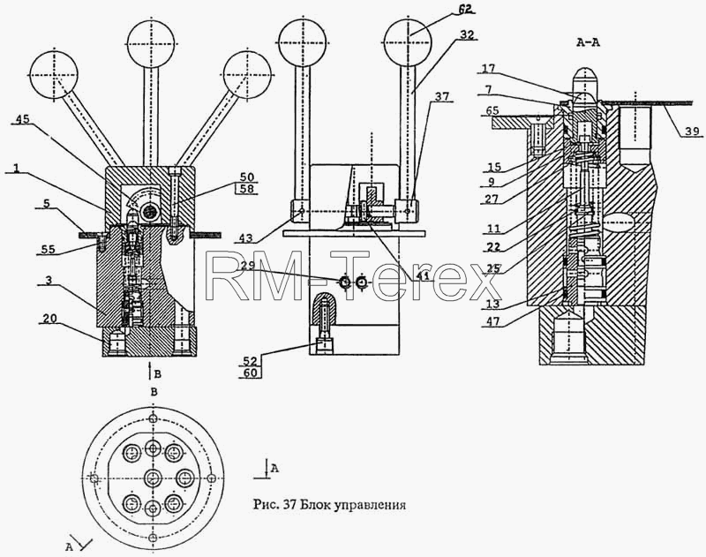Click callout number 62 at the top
pos(467,8)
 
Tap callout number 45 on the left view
pos(23,119)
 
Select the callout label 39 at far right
pos(693,131)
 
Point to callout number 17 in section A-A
pos(489,69)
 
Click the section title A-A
pos(588,43)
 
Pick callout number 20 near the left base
pos(49,319)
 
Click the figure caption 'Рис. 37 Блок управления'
pos(329,505)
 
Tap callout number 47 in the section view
pos(493,321)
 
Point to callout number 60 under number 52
pos(250,373)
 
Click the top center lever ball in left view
pos(150,43)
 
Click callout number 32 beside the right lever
pos(468,34)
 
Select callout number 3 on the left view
pos(49,280)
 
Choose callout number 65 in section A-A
pos(492,110)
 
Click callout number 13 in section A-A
pos(493,304)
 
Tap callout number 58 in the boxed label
pos(247,188)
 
